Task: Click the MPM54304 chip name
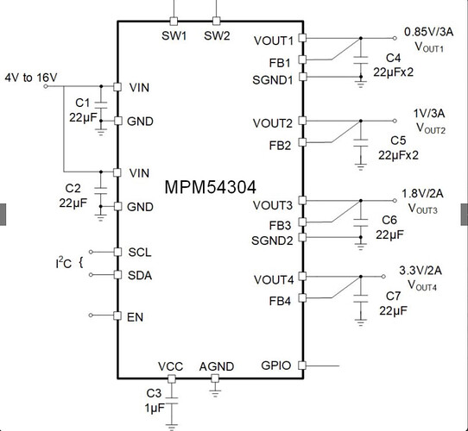tap(210, 187)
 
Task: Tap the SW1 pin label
tap(174, 35)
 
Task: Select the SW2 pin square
tap(217, 22)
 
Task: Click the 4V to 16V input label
tap(31, 78)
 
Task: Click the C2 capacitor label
tap(73, 189)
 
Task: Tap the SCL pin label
tap(140, 253)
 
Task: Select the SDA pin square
tap(118, 274)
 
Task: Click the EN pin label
tap(136, 317)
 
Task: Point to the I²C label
tap(64, 263)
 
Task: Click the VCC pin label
tap(170, 366)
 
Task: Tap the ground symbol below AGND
tap(215, 393)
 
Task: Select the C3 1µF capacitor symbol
tap(171, 401)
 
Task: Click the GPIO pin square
tap(302, 365)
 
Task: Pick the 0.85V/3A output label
tap(428, 32)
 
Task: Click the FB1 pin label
tap(280, 63)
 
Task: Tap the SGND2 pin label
tap(272, 240)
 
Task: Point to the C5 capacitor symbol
tap(361, 143)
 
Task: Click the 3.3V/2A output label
tap(421, 271)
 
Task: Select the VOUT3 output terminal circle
tap(395, 201)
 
